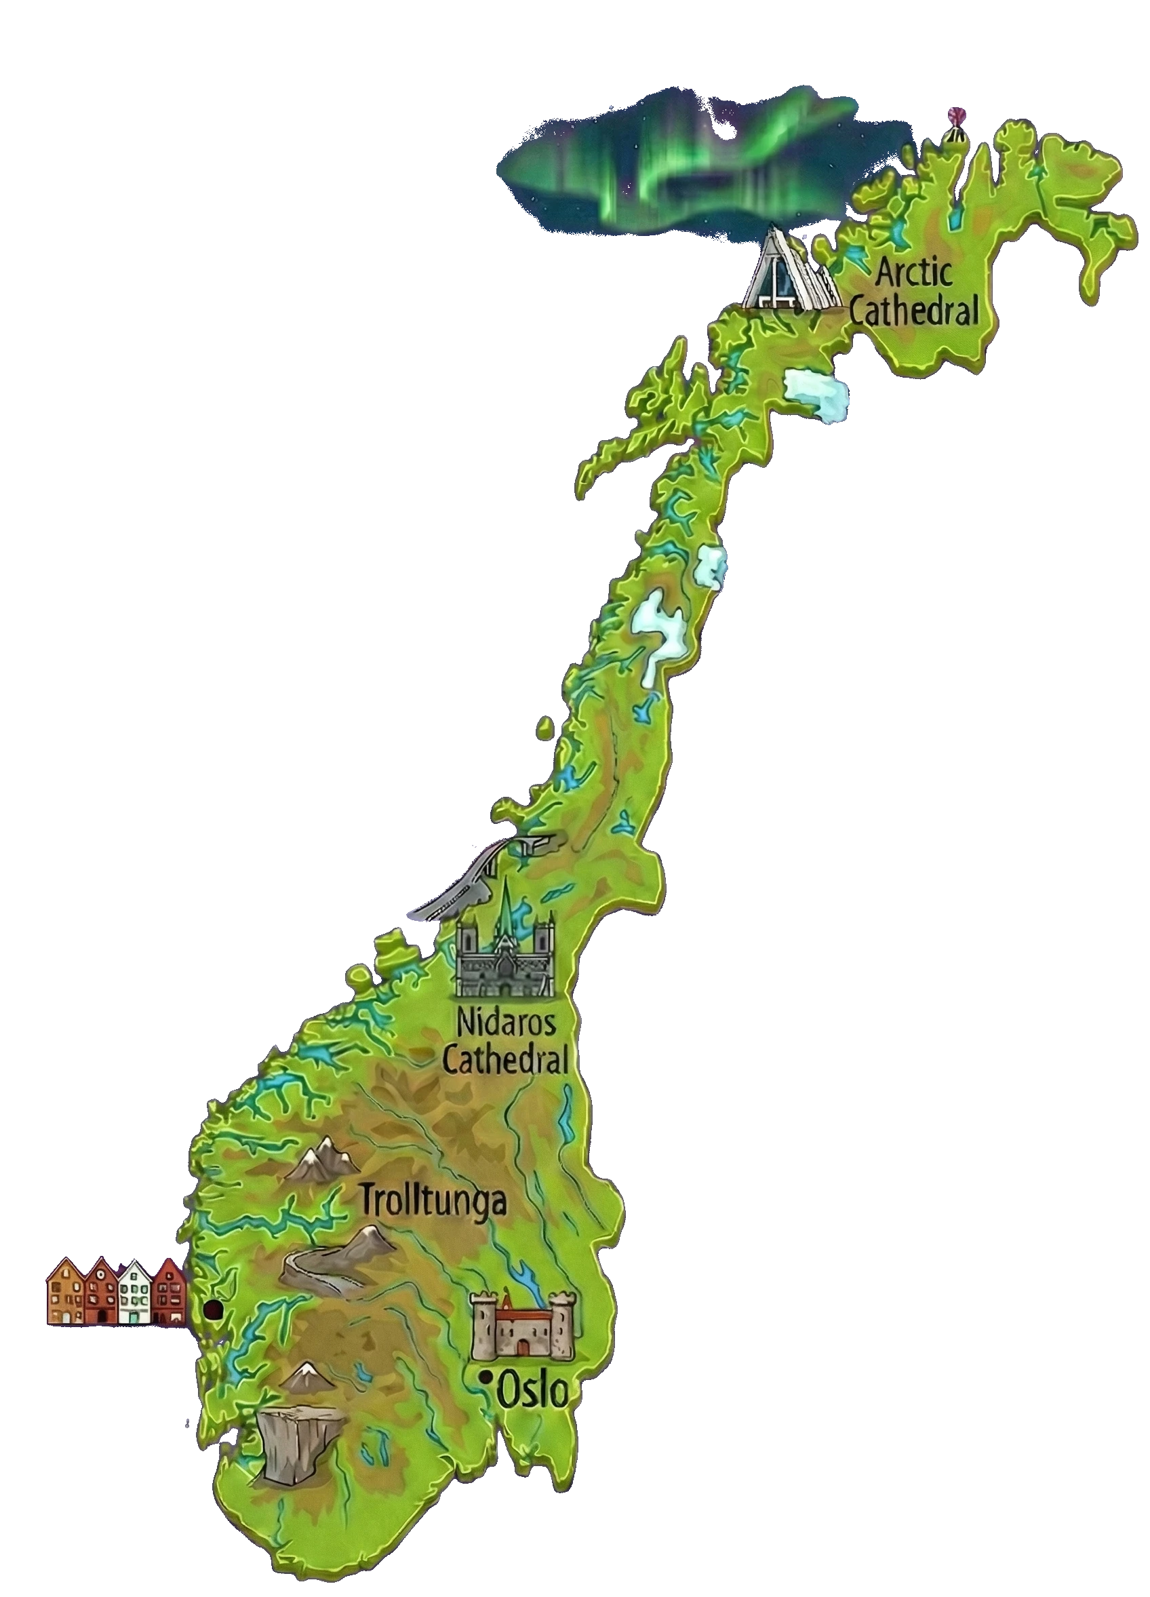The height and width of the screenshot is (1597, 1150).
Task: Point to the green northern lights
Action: (676, 165)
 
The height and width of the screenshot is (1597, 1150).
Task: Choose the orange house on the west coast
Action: (64, 1290)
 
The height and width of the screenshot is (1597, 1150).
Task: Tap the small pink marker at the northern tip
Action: (955, 115)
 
